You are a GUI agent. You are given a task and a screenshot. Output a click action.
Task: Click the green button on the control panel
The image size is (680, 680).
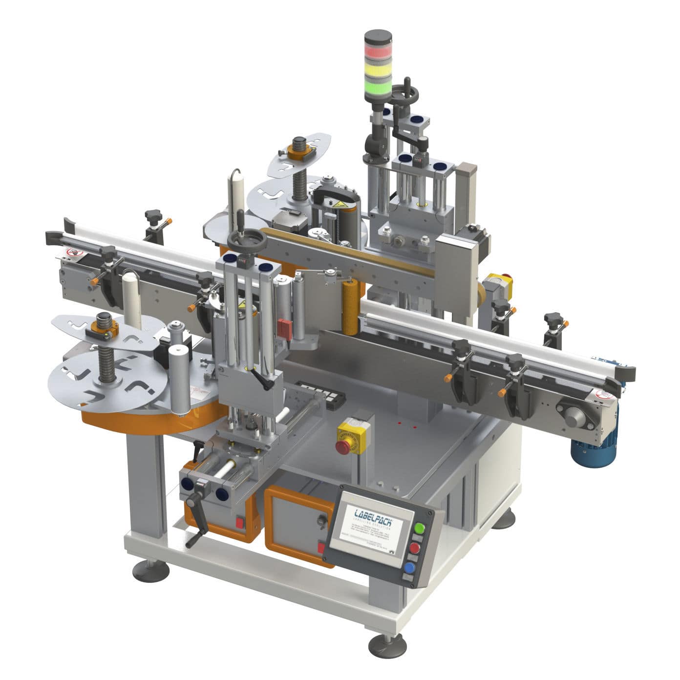click(419, 528)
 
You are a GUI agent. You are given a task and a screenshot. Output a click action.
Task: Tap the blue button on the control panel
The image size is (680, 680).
click(409, 568)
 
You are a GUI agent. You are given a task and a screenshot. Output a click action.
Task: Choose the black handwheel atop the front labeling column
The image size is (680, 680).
click(247, 239)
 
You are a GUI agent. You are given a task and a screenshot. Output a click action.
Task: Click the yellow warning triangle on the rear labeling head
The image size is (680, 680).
click(339, 203)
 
